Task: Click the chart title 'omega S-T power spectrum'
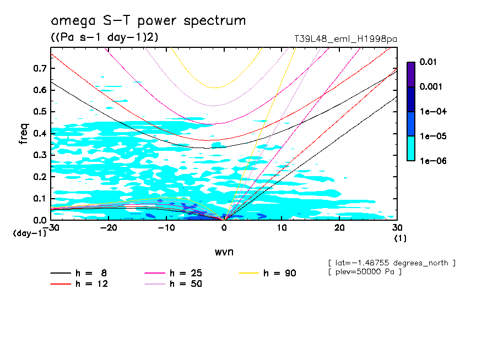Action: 148,21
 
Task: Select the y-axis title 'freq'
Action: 24,133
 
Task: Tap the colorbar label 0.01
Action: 428,62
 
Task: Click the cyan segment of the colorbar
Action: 411,148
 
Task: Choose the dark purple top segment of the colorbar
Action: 411,74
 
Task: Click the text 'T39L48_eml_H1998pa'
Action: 346,39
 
